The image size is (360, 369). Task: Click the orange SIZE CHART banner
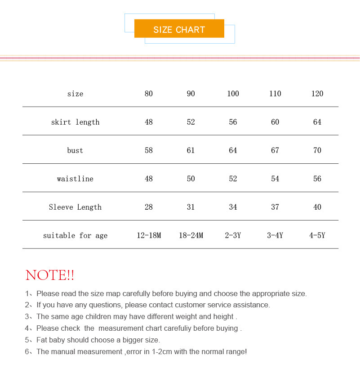click(x=179, y=29)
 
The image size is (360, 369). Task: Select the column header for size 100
click(x=233, y=94)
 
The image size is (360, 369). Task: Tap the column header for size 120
click(x=317, y=94)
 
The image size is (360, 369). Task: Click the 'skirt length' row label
click(x=75, y=122)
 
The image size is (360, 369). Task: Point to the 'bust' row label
click(x=75, y=150)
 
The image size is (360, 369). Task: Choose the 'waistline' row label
click(x=75, y=179)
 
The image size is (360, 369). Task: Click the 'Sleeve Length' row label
click(x=75, y=207)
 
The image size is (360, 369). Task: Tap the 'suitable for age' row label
click(x=75, y=235)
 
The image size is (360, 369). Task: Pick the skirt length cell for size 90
click(x=191, y=122)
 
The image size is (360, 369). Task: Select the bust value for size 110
click(x=275, y=150)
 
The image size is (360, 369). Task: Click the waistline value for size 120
click(x=317, y=179)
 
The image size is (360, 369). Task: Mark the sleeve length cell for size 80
click(x=149, y=207)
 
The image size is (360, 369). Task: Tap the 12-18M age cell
click(x=149, y=235)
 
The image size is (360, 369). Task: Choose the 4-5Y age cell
click(x=317, y=235)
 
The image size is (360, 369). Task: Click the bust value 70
click(x=317, y=150)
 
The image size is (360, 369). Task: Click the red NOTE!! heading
click(x=50, y=275)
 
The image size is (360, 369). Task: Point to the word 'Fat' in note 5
click(x=42, y=340)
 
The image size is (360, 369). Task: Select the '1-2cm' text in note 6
click(x=161, y=352)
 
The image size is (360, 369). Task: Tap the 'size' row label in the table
click(x=75, y=94)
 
